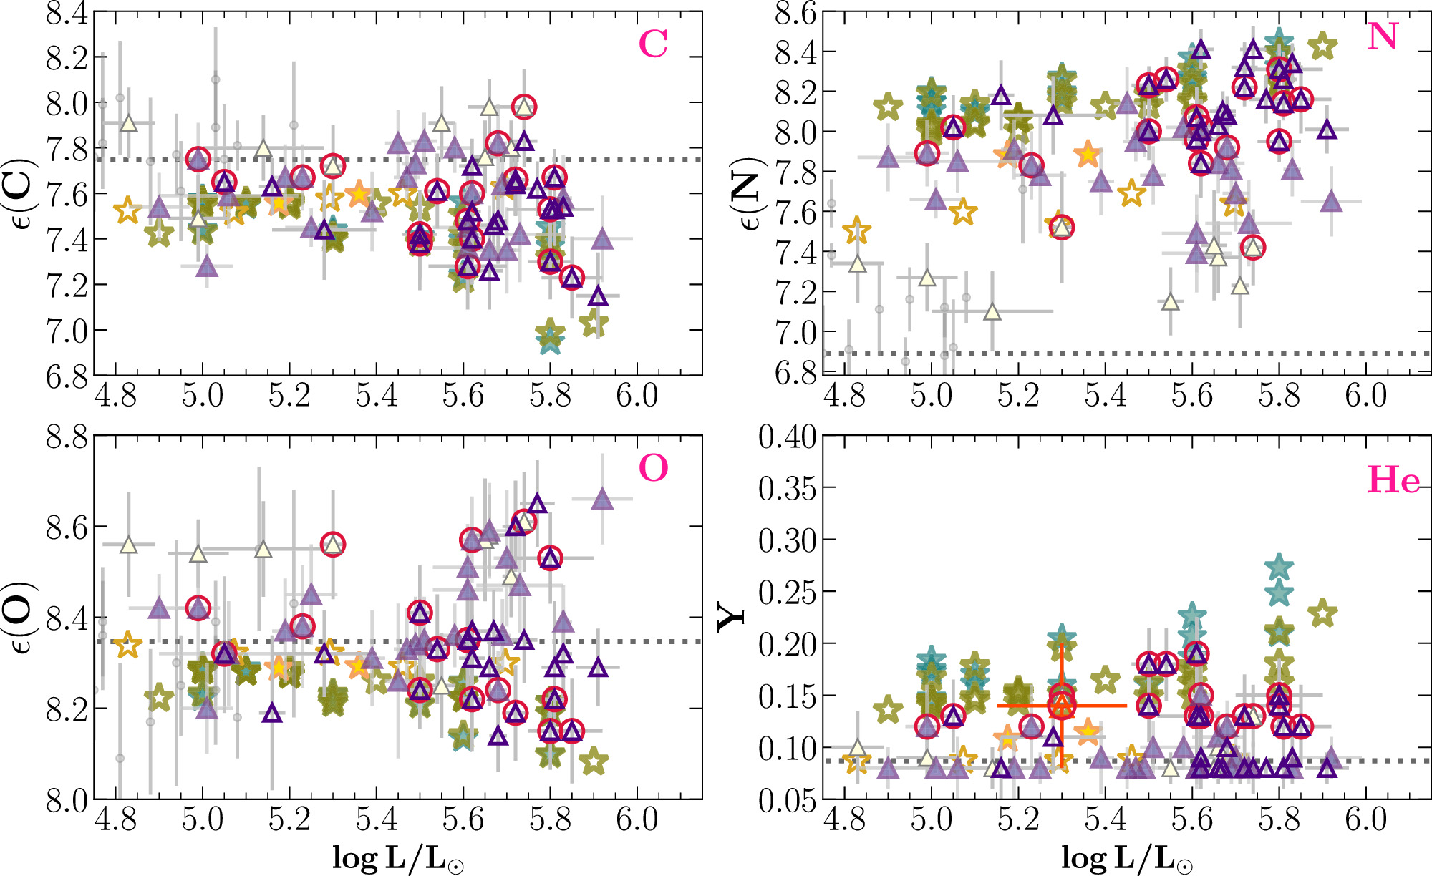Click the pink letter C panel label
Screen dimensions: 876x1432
pyautogui.click(x=653, y=44)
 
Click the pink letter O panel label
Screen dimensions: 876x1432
pyautogui.click(x=653, y=469)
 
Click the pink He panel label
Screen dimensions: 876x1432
pyautogui.click(x=1393, y=480)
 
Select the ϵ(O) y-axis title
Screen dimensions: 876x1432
pyautogui.click(x=19, y=617)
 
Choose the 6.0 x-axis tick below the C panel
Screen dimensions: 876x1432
pyautogui.click(x=637, y=395)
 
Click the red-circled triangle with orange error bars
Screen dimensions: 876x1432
pyautogui.click(x=1062, y=706)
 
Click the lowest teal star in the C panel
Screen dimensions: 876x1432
pyautogui.click(x=549, y=341)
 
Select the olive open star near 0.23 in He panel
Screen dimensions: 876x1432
pyautogui.click(x=1322, y=613)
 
